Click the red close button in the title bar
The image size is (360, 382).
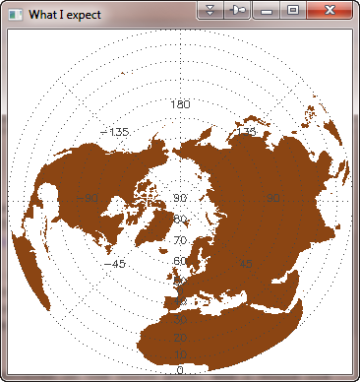pos(329,10)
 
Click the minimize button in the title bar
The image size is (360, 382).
pos(266,10)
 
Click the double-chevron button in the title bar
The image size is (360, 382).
pos(210,10)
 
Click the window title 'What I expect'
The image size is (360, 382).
pos(65,15)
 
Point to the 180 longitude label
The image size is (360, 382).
pos(180,103)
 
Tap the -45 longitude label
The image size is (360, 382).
pos(114,264)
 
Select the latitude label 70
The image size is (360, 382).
pos(180,240)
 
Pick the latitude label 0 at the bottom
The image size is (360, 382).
pos(180,369)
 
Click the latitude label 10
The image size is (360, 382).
pos(180,354)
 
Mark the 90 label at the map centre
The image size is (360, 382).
pos(180,198)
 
